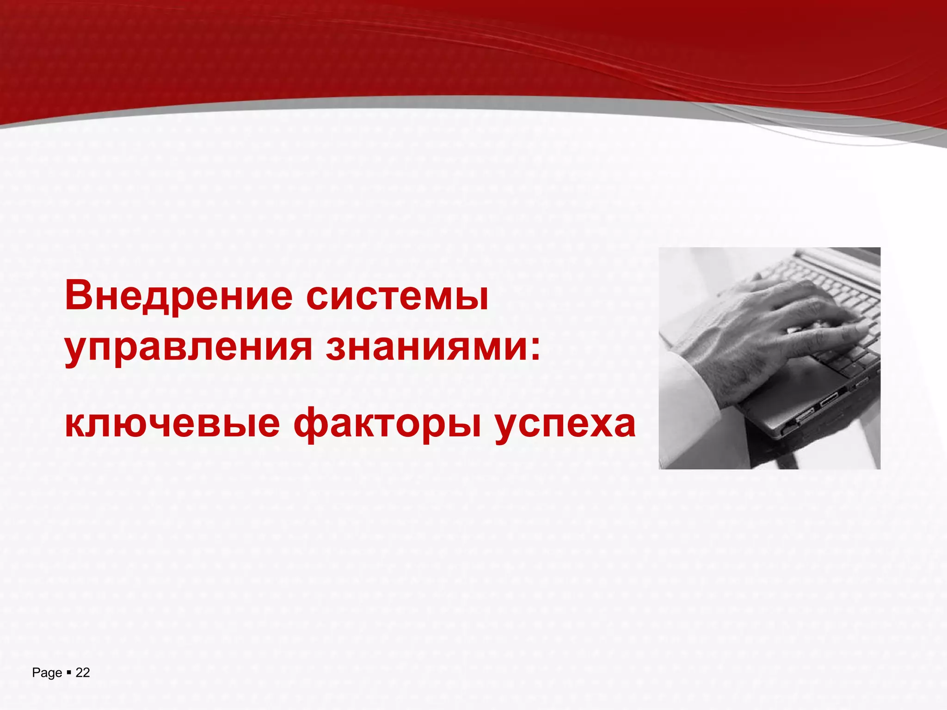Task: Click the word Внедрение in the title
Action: [178, 296]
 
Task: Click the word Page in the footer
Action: [47, 673]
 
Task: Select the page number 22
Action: [82, 673]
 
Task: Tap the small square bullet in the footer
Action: [68, 673]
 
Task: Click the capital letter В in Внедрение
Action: [79, 296]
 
